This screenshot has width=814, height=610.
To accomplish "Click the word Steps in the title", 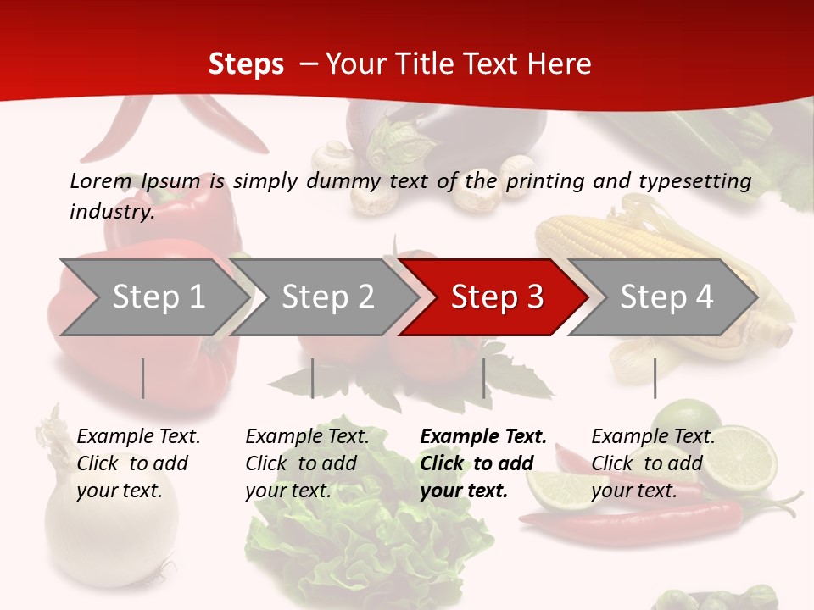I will click(x=246, y=64).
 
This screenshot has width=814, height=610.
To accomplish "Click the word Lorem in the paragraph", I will click(x=101, y=180).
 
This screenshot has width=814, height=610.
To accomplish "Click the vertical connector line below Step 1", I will click(x=143, y=378).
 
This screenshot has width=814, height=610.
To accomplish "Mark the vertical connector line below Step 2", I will click(x=313, y=378).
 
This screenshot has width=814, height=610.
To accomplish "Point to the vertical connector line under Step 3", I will click(x=484, y=378).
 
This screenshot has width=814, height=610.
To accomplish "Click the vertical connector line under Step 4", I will click(x=655, y=378).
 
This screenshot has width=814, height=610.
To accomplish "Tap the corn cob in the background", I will click(x=627, y=246).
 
